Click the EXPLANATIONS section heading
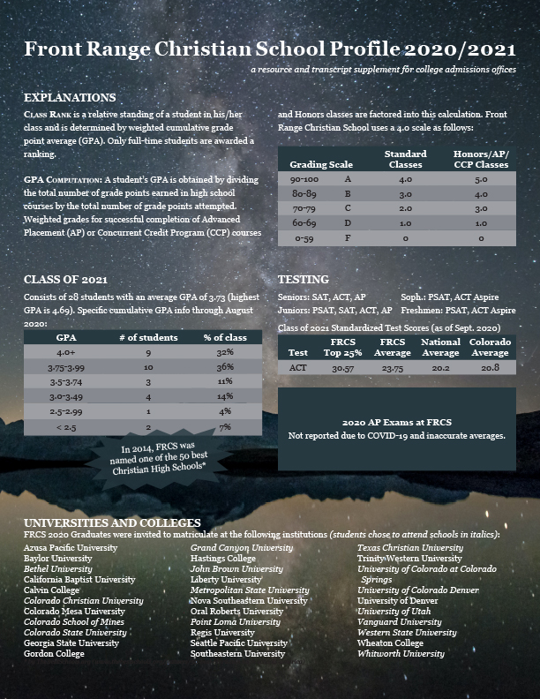[70, 97]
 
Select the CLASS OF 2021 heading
[66, 280]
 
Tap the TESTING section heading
[304, 280]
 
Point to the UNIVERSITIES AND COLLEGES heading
[112, 522]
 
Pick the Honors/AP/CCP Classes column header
[481, 159]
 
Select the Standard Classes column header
[406, 159]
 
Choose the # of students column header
[148, 337]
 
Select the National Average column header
[440, 346]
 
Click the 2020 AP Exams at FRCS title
[396, 422]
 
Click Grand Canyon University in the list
[242, 548]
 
